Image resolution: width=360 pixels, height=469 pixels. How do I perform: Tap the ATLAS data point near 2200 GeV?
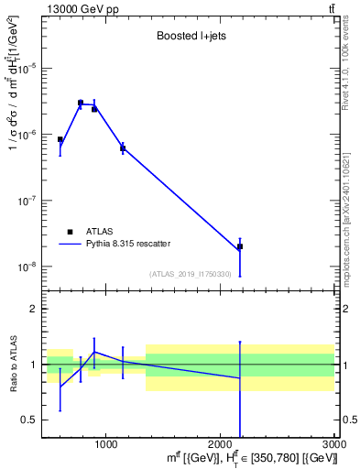pos(240,246)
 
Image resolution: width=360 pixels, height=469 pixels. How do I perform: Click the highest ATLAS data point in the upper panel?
pos(81,103)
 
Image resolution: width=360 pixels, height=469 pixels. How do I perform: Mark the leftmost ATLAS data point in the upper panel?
pos(60,140)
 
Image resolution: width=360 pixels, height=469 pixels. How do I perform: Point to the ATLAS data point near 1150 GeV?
pos(123,147)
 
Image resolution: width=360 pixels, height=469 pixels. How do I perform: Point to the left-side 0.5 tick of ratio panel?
pos(32,420)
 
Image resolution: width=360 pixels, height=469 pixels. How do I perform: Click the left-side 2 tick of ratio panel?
pos(36,309)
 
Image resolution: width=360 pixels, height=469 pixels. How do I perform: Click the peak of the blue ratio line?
pos(94,352)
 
